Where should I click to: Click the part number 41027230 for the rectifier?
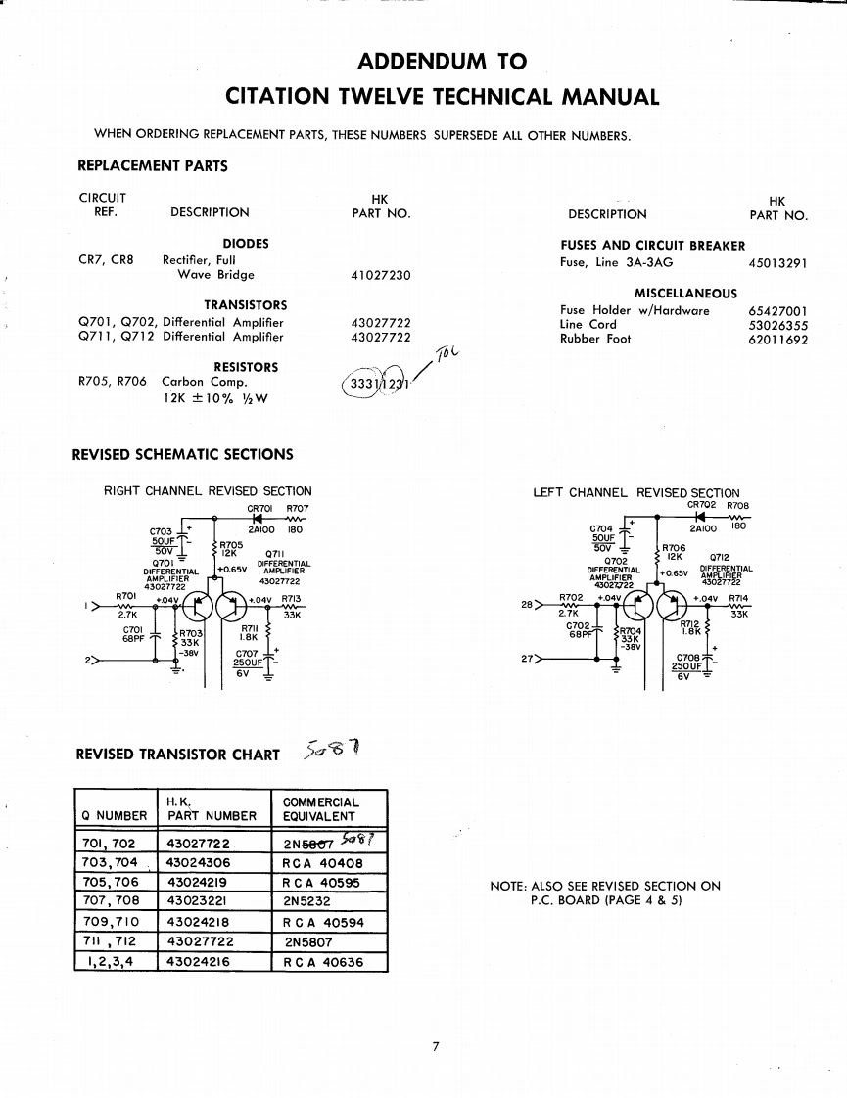coord(380,275)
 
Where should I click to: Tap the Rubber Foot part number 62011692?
coord(778,339)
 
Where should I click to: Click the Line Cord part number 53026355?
coord(778,325)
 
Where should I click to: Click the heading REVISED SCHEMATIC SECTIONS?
coord(183,454)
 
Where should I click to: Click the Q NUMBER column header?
coord(113,815)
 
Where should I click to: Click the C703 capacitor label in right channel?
coord(161,529)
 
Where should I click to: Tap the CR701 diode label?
coord(259,508)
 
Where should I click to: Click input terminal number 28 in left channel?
coord(525,604)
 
